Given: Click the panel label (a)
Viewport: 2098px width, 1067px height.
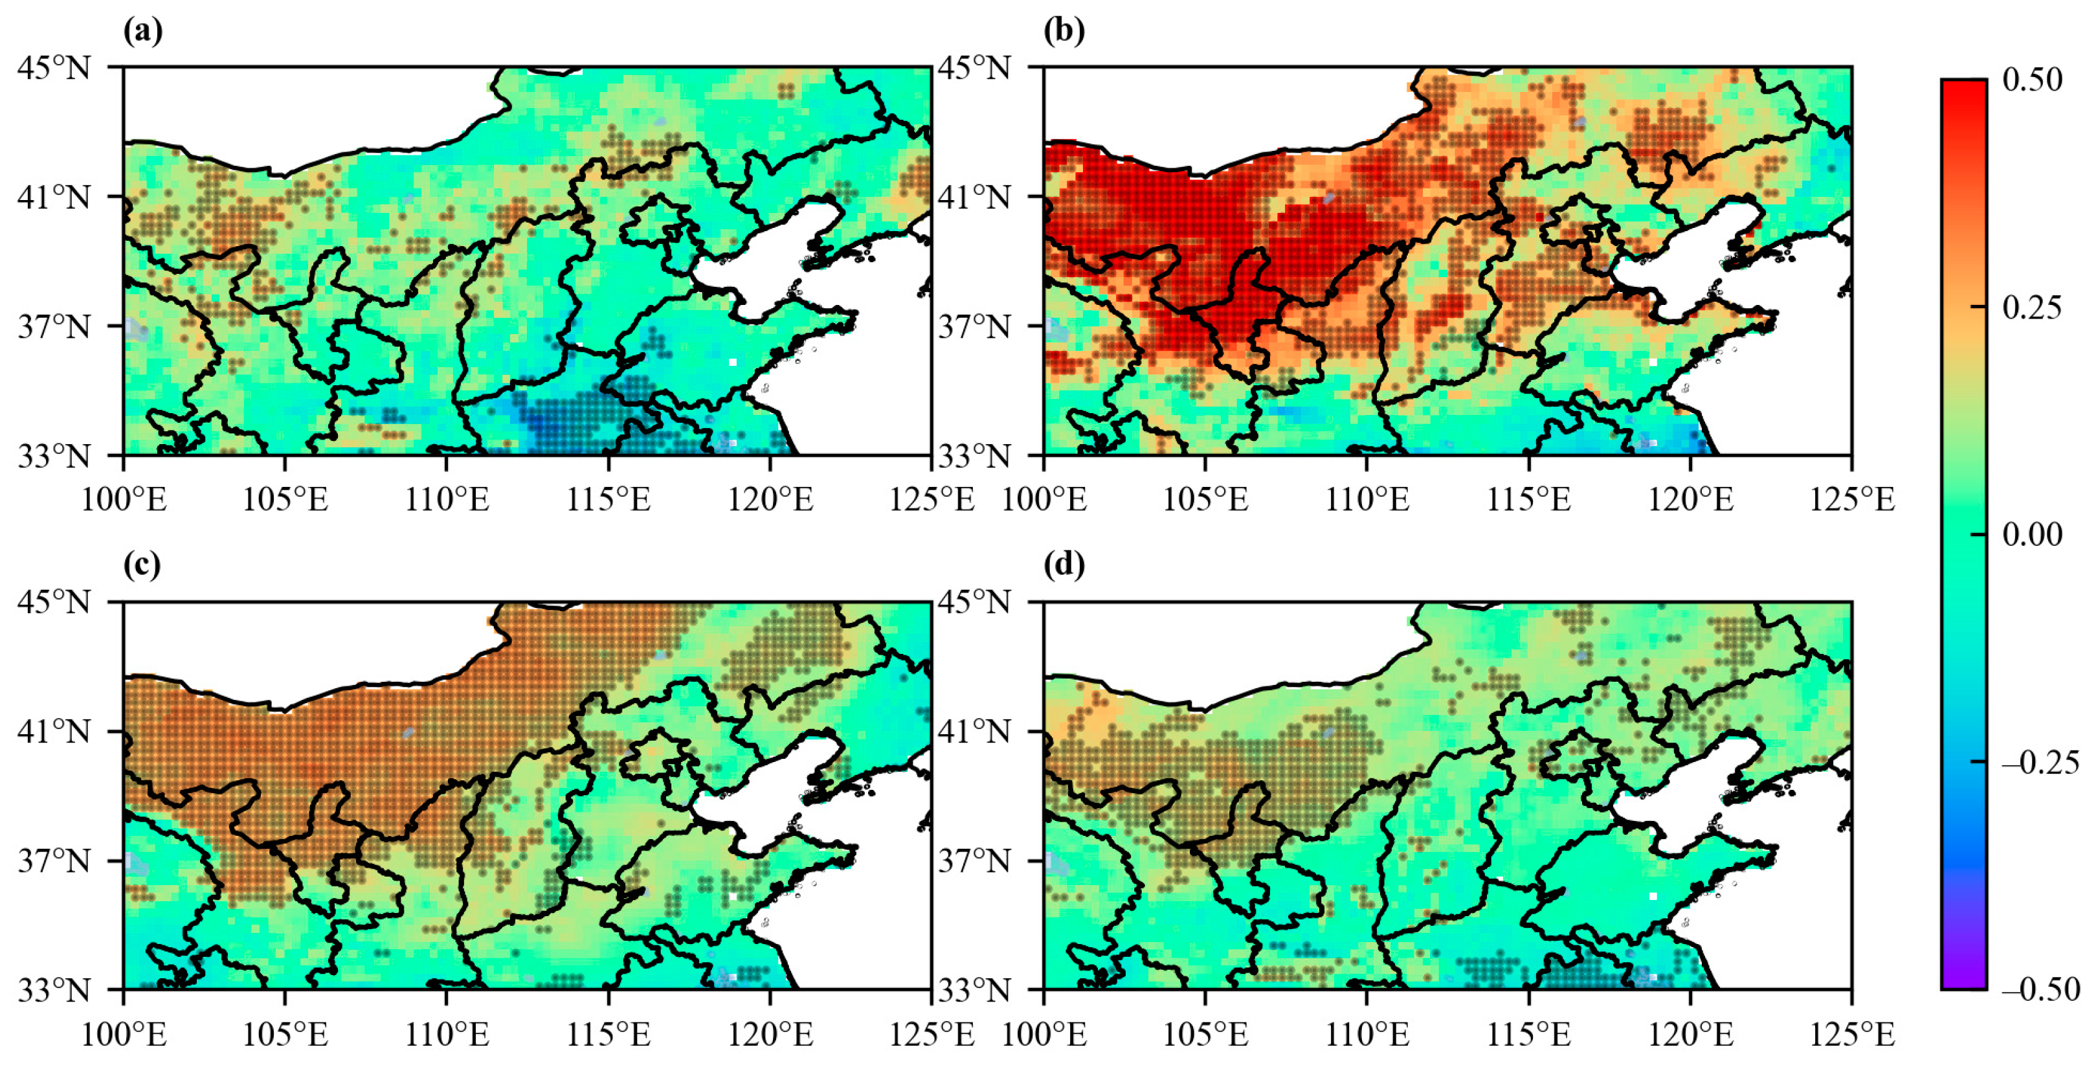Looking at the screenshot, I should [142, 31].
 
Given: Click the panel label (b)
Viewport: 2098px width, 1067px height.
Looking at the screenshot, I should [1064, 31].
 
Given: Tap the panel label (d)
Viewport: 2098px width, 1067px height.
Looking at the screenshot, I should [1064, 565].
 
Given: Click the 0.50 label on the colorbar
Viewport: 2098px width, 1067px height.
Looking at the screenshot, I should [2032, 80].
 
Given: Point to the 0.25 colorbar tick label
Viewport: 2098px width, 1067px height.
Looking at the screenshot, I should [2032, 307].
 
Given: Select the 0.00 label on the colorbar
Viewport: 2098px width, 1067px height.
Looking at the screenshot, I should [2032, 534].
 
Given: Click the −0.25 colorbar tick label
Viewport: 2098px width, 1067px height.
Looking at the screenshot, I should [2040, 763].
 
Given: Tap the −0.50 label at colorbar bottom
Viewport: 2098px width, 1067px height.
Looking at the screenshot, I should [2040, 989].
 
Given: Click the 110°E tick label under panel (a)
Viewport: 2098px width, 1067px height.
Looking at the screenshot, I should [447, 499].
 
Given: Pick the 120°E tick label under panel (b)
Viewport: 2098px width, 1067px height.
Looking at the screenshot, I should [1691, 499].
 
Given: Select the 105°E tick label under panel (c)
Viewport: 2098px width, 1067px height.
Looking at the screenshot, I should [285, 1035].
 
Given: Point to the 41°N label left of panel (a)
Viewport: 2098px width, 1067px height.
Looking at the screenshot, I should [54, 197].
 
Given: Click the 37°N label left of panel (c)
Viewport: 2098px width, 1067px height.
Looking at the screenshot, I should [54, 861].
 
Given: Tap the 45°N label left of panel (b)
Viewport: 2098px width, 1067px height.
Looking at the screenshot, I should [974, 67].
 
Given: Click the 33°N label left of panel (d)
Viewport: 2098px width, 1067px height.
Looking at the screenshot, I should [974, 991].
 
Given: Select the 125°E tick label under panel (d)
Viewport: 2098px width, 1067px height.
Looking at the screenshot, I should [1852, 1035].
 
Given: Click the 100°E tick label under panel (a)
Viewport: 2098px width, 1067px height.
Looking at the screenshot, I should [124, 499].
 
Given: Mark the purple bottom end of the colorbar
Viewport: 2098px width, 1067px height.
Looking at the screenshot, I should [1963, 973].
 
